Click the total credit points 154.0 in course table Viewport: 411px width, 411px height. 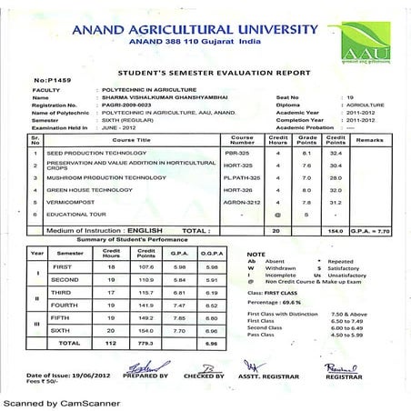(336, 231)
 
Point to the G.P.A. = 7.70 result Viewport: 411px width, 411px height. (371, 231)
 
